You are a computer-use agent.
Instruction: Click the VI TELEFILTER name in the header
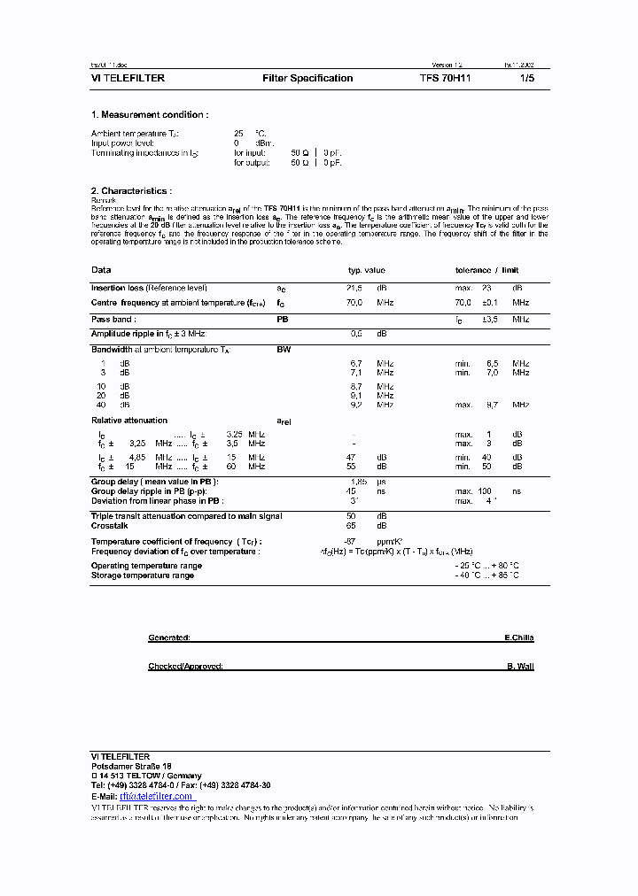pos(128,79)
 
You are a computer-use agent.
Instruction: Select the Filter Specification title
pos(307,79)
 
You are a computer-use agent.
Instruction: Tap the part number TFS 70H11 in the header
pos(446,79)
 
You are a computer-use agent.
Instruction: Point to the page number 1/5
pos(527,79)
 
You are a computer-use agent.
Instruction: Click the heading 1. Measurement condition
pos(150,115)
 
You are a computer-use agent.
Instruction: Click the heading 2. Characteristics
pos(131,190)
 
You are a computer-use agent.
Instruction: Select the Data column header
pos(101,270)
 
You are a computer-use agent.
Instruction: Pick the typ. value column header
pos(366,270)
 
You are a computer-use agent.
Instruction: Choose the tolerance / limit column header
pos(486,270)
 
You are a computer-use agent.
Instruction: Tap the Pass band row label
pos(113,319)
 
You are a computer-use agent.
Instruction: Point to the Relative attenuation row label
pos(129,421)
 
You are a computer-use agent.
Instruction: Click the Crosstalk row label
pos(110,526)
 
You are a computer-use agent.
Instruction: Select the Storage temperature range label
pos(143,575)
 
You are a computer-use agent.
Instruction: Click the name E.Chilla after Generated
pos(518,637)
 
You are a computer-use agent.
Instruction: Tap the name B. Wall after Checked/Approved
pos(520,667)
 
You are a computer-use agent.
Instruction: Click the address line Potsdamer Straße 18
pos(131,766)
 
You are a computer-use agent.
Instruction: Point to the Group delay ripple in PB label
pos(147,490)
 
